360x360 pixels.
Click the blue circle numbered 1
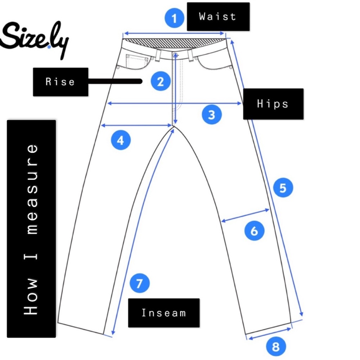[174, 18]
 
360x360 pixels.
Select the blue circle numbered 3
[212, 114]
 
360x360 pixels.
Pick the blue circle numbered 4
[121, 140]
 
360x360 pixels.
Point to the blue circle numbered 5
[283, 188]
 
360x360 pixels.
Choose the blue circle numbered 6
[254, 230]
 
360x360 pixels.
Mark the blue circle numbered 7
[140, 283]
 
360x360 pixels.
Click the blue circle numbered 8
[276, 346]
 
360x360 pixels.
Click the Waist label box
[218, 17]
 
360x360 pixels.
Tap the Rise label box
[60, 82]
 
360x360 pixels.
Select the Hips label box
[273, 104]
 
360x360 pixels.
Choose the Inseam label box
[164, 313]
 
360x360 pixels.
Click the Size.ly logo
[35, 39]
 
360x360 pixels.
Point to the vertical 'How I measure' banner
[31, 229]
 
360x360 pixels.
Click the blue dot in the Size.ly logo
[49, 47]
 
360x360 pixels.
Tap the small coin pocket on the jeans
[137, 62]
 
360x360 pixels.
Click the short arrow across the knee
[245, 215]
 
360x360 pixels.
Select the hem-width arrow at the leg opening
[270, 334]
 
